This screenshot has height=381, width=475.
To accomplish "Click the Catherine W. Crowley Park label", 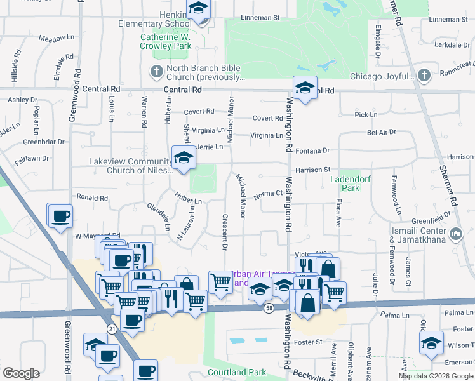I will click(x=166, y=41).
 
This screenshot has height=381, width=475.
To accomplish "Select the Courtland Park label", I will click(x=236, y=372).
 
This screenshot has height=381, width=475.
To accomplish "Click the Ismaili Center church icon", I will click(x=455, y=235).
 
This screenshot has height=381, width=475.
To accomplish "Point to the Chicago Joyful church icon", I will click(x=424, y=76).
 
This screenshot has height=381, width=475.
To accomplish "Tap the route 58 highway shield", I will click(x=269, y=307).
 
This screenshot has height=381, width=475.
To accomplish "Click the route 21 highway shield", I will click(x=112, y=328).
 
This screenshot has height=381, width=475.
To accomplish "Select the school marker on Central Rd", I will click(x=305, y=88).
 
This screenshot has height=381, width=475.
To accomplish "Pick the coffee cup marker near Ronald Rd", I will click(x=60, y=215).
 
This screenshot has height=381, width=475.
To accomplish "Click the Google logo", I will click(x=22, y=373).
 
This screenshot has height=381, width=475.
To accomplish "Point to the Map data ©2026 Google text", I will click(x=436, y=376).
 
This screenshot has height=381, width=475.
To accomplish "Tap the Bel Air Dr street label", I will click(x=381, y=132).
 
